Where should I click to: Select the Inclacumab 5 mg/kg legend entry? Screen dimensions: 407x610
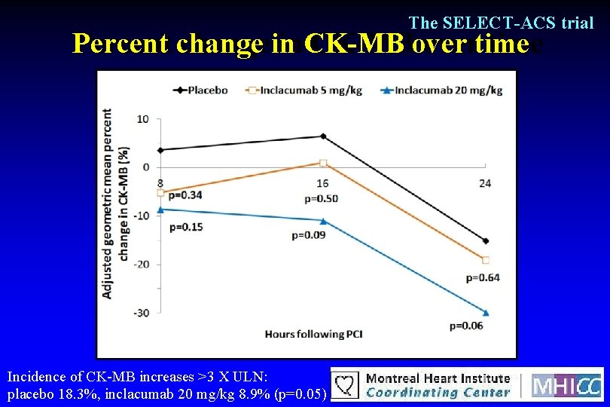(304, 90)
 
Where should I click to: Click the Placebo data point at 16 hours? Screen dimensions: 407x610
(323, 136)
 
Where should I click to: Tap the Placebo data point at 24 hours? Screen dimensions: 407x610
(486, 241)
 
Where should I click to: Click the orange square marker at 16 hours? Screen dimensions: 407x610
(323, 163)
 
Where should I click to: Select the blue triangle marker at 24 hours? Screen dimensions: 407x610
(486, 312)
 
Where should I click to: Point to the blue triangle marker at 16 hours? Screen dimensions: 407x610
(323, 221)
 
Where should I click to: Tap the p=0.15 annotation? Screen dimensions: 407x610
(186, 227)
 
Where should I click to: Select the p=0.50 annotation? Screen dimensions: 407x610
(321, 199)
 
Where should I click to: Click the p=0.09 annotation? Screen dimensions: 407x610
(308, 235)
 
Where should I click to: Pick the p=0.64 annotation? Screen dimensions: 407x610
(483, 277)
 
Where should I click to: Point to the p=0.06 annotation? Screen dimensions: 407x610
(466, 326)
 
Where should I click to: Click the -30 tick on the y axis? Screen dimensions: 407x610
(142, 313)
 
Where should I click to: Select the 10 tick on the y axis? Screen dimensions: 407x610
(143, 119)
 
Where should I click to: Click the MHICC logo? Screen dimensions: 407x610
(567, 384)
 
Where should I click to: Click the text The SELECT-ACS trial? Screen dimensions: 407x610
(501, 23)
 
